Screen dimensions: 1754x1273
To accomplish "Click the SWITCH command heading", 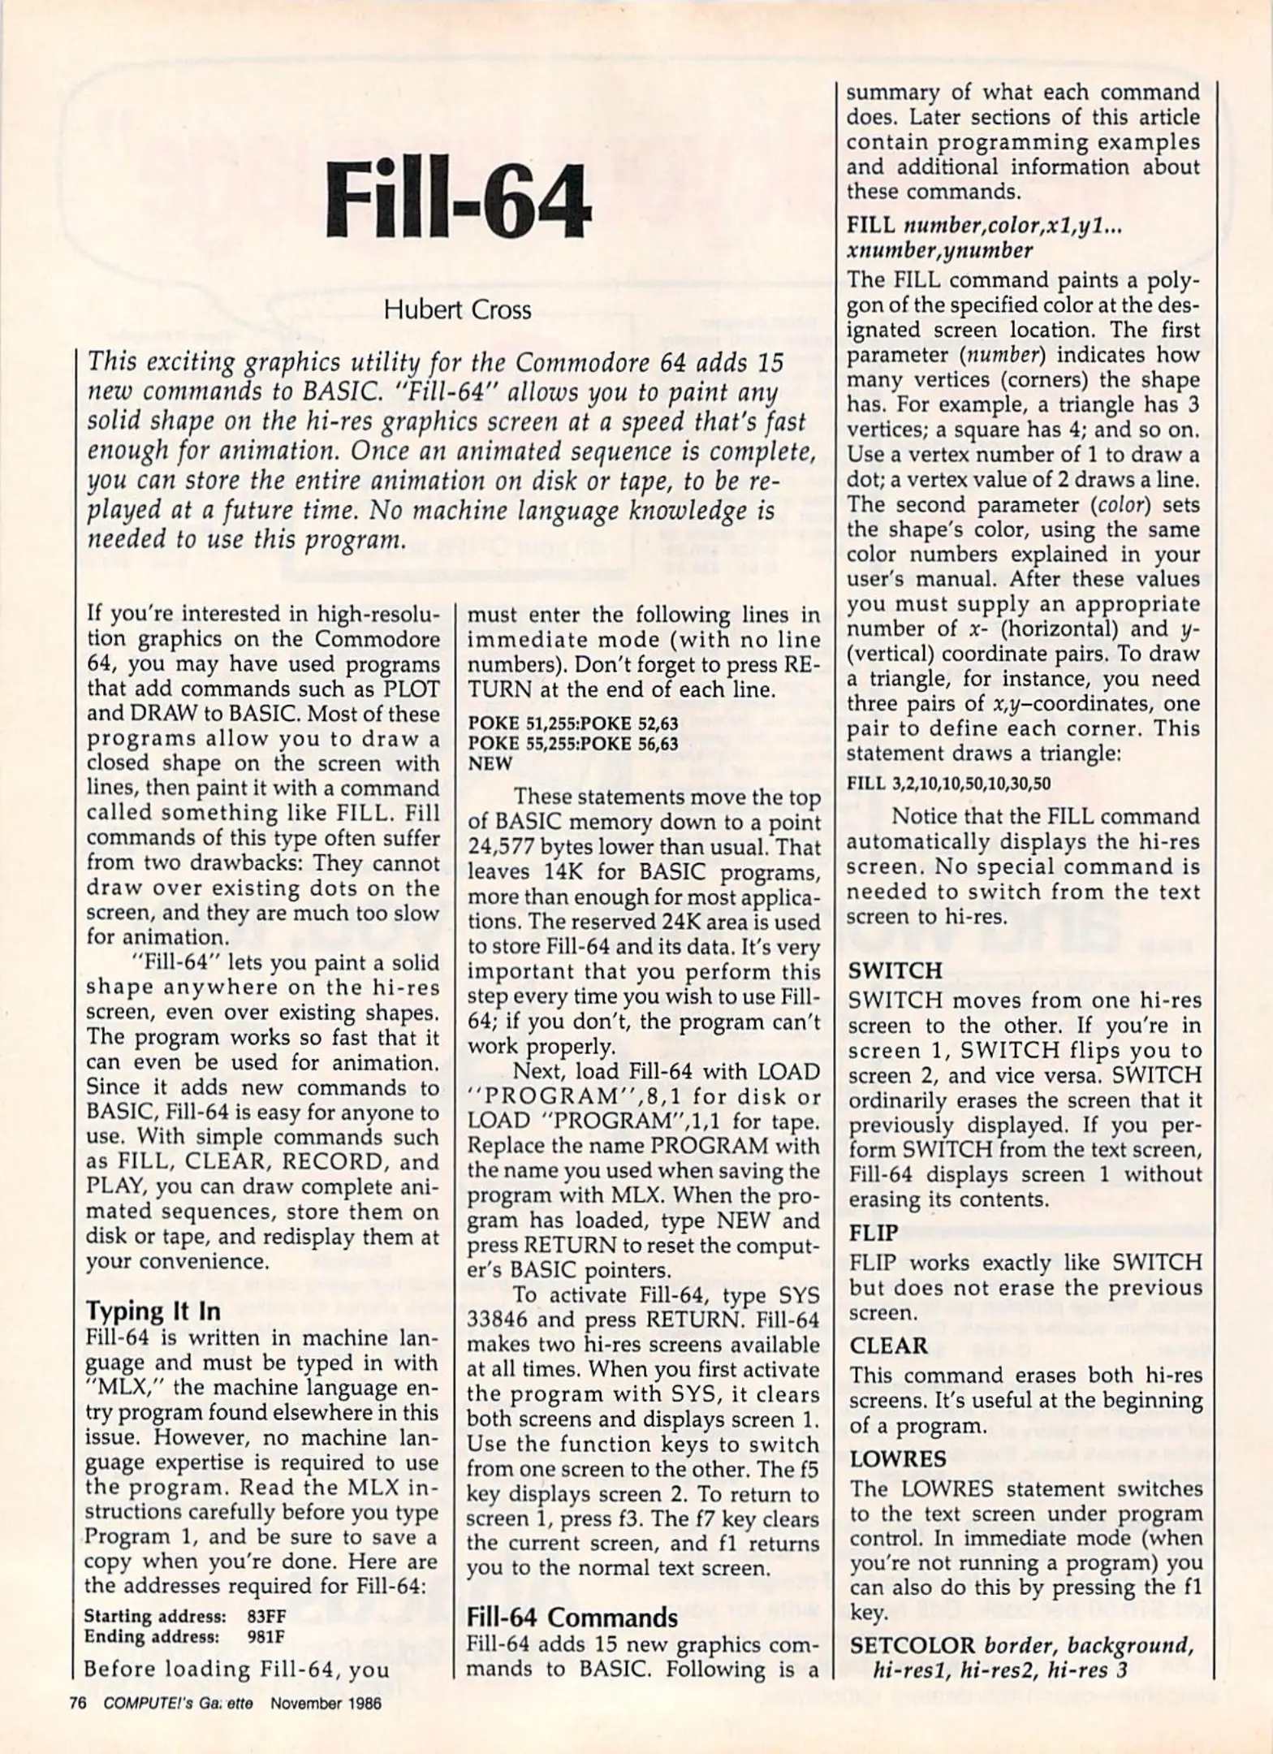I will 895,970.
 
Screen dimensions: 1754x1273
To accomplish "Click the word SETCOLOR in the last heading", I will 910,1645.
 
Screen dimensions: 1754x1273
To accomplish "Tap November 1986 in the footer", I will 326,1704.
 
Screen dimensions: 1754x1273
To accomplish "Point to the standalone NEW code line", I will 490,763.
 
